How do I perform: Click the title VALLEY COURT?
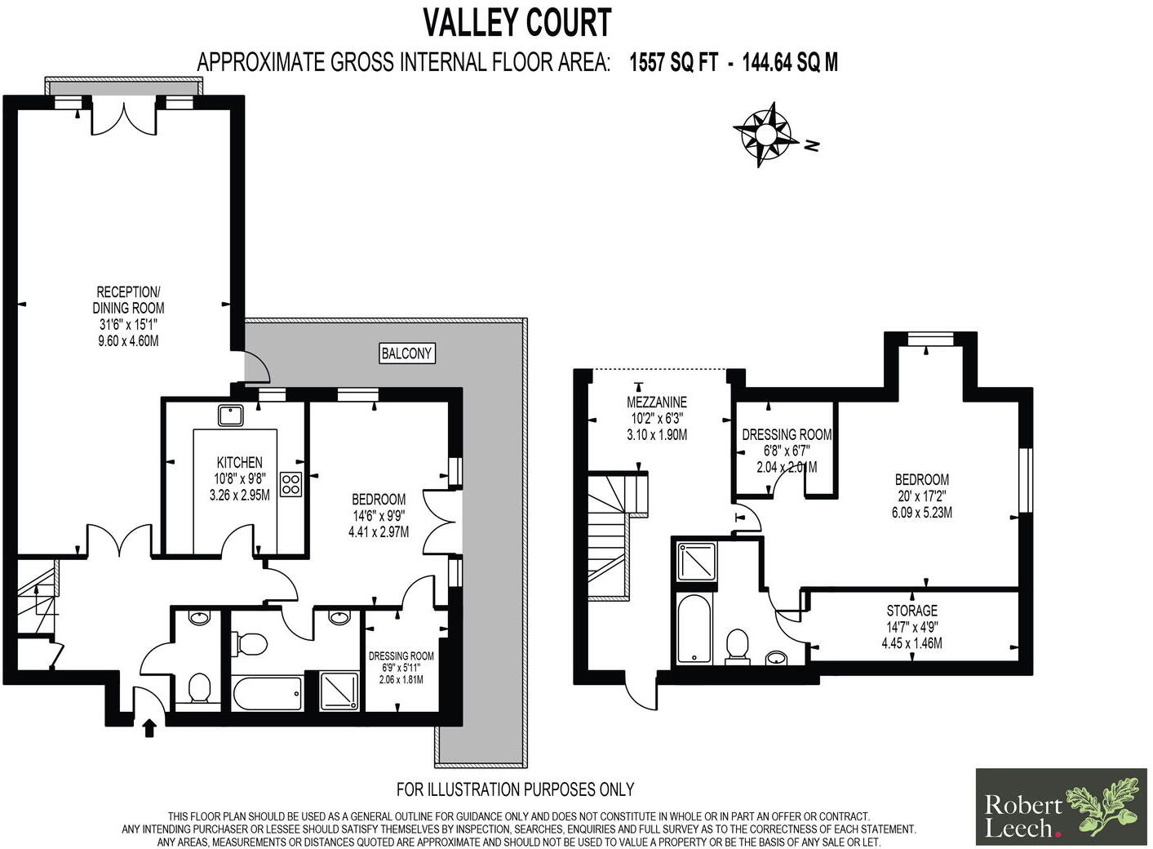[x=517, y=23]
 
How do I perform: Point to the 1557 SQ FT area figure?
[x=672, y=62]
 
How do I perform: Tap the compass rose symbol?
[x=766, y=134]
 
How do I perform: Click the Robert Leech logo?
[x=1061, y=807]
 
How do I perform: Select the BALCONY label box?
[x=407, y=353]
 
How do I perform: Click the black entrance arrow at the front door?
[x=149, y=727]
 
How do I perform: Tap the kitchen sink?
[x=231, y=415]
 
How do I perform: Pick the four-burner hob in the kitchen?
[x=290, y=484]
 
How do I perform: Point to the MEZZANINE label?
[x=656, y=402]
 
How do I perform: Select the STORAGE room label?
[x=911, y=611]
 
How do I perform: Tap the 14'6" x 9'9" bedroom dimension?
[x=378, y=515]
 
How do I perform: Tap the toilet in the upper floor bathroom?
[x=738, y=646]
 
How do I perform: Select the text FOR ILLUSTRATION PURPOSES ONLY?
[x=515, y=789]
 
